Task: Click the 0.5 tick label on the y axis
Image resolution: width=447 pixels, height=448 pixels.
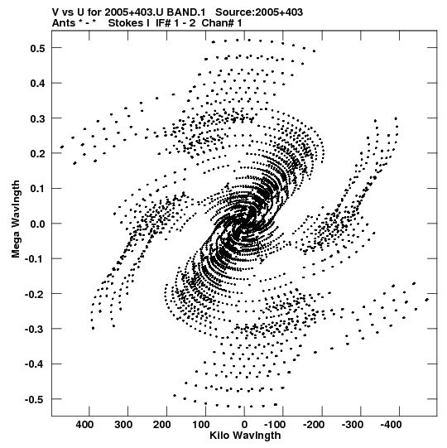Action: tap(37, 48)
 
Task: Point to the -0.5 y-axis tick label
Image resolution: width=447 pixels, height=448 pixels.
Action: tap(35, 399)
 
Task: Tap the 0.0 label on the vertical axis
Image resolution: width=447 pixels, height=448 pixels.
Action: tap(37, 224)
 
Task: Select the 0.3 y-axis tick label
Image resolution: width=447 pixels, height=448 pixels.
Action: tap(37, 118)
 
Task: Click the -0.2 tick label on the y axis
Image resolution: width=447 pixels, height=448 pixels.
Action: tap(35, 294)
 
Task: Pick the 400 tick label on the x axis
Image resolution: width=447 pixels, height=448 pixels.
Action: tap(84, 425)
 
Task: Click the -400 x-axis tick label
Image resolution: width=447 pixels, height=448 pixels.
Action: tap(391, 425)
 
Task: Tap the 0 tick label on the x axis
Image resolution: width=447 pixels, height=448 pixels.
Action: tap(244, 425)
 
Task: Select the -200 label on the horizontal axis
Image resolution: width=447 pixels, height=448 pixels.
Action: tap(314, 425)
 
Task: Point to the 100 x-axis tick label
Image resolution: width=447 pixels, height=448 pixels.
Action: tap(200, 425)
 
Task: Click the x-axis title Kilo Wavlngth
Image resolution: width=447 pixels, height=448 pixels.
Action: tap(245, 436)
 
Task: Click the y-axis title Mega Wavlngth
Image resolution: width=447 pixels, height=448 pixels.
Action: tap(16, 219)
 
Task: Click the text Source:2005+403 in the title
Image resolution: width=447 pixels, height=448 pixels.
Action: tap(259, 12)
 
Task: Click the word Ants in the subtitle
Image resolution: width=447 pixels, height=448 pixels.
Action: tap(64, 23)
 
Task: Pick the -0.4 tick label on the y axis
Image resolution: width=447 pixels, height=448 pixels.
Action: tap(35, 364)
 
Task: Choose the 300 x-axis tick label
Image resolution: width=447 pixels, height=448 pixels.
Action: tap(123, 425)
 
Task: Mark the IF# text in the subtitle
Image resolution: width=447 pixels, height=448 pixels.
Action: tap(163, 23)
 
